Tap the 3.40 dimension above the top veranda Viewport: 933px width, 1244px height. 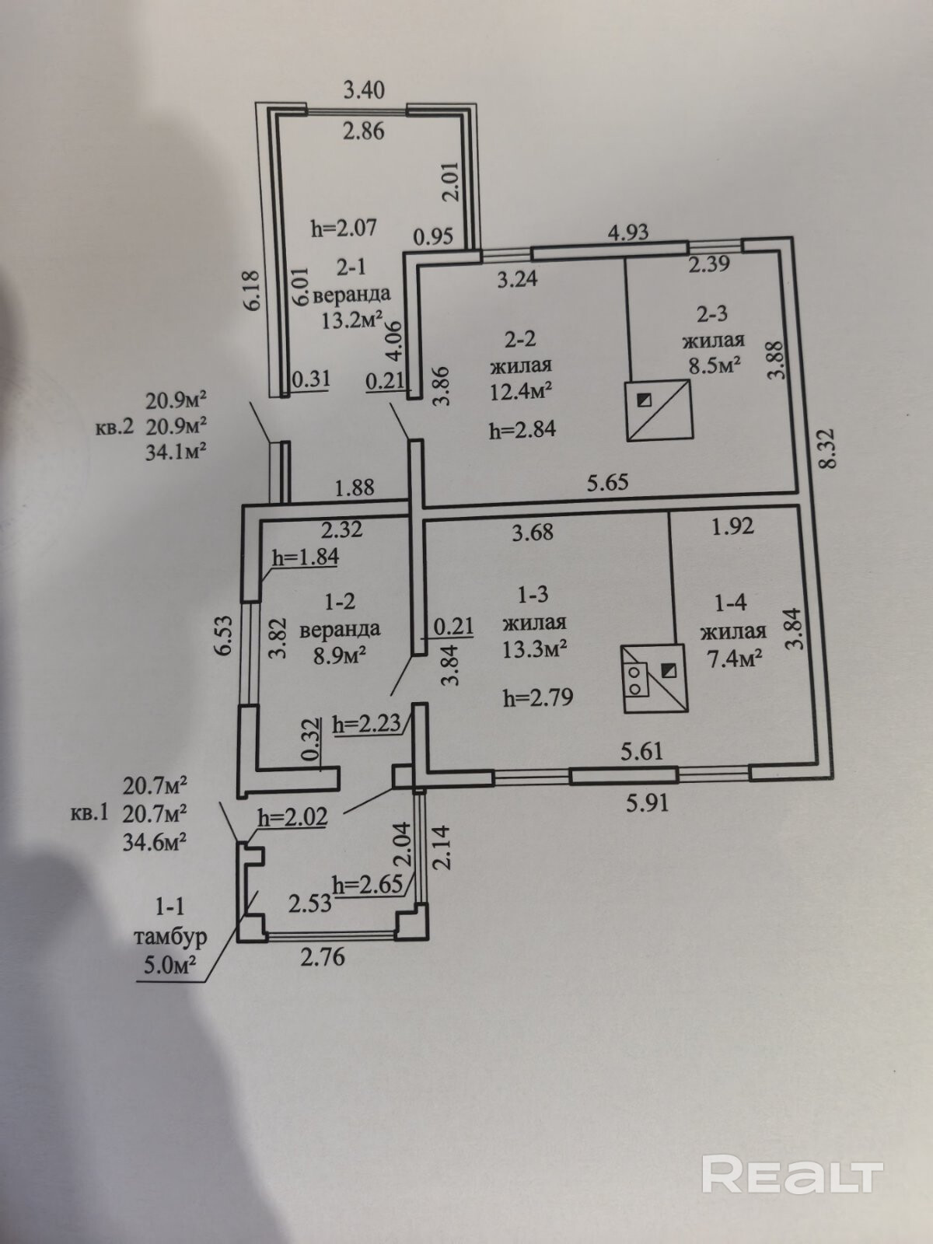coord(364,90)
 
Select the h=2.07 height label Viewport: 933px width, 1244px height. coord(344,228)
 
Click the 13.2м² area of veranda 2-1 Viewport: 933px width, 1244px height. coord(352,320)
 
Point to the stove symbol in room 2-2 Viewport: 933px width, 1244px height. coord(659,411)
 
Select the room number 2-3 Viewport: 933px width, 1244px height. coord(711,313)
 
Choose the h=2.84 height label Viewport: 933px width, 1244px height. coord(522,429)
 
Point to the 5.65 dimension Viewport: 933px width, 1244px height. coord(607,483)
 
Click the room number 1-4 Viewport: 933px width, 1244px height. coord(731,602)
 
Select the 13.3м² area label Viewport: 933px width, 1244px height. coord(533,648)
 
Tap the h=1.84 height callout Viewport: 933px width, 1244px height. coord(306,557)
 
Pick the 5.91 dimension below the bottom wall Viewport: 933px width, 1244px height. coord(647,802)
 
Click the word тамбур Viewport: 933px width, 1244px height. coord(170,937)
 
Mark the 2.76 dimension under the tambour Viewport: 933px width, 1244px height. coord(322,957)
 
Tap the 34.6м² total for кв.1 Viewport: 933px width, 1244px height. coord(154,842)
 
